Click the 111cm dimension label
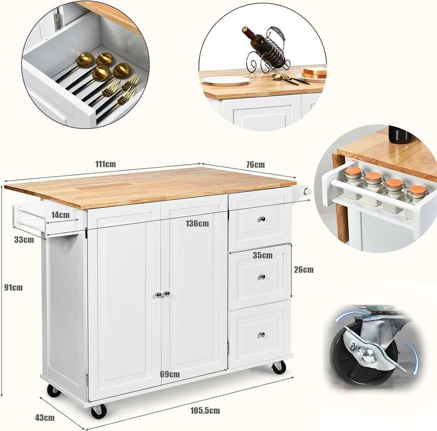(105, 164)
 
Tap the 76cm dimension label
(255, 165)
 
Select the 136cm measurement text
(197, 224)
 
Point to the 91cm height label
(13, 288)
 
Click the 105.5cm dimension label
(205, 411)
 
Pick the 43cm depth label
(45, 418)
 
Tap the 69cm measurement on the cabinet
(170, 374)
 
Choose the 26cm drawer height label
(304, 269)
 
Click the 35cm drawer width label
(262, 255)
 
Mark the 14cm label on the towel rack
(60, 215)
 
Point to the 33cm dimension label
(24, 239)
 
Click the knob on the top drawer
(262, 219)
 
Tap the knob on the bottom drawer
(262, 334)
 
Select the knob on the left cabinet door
(158, 294)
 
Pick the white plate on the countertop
(226, 80)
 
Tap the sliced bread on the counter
(315, 72)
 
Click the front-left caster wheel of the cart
(99, 411)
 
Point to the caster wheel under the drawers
(279, 367)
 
